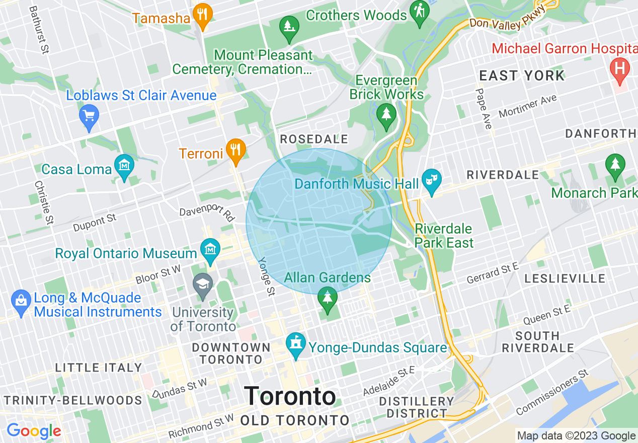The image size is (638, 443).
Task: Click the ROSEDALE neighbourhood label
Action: click(x=314, y=139)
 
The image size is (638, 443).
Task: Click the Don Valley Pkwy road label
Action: click(x=508, y=16)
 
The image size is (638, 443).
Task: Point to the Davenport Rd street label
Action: click(x=207, y=213)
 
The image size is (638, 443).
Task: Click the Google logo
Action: click(x=34, y=431)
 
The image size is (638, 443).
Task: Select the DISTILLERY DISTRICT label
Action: click(x=417, y=407)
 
